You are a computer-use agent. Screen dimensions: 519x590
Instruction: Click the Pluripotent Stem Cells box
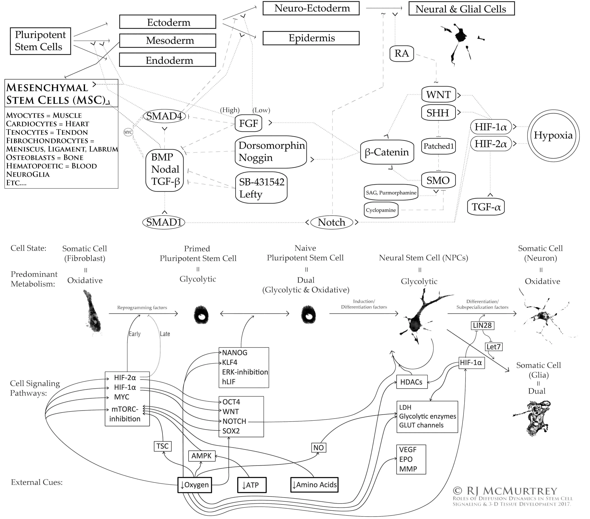pyautogui.click(x=40, y=41)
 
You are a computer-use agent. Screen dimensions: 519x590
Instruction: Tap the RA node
pyautogui.click(x=401, y=53)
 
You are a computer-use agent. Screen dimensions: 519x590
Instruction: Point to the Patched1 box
pyautogui.click(x=438, y=146)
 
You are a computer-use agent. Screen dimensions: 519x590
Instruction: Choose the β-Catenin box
pyautogui.click(x=387, y=152)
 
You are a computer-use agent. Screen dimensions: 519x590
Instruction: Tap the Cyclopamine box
pyautogui.click(x=381, y=210)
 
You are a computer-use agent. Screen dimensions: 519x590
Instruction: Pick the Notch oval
pyautogui.click(x=332, y=222)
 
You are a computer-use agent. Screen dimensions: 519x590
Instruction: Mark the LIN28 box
pyautogui.click(x=482, y=325)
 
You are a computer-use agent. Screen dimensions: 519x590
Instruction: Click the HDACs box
pyautogui.click(x=411, y=382)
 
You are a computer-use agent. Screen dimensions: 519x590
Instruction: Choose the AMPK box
pyautogui.click(x=201, y=456)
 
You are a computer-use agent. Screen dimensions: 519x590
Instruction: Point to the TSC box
pyautogui.click(x=163, y=446)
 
